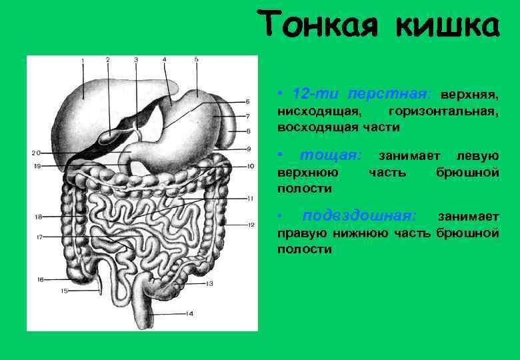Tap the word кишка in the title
(x=446, y=25)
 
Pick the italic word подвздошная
(x=360, y=216)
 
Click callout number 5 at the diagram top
(x=197, y=59)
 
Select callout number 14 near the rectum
(x=189, y=313)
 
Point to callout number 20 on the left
(x=35, y=153)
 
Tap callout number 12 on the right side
(x=251, y=225)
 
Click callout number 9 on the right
(x=248, y=148)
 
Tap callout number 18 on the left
(x=39, y=217)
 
